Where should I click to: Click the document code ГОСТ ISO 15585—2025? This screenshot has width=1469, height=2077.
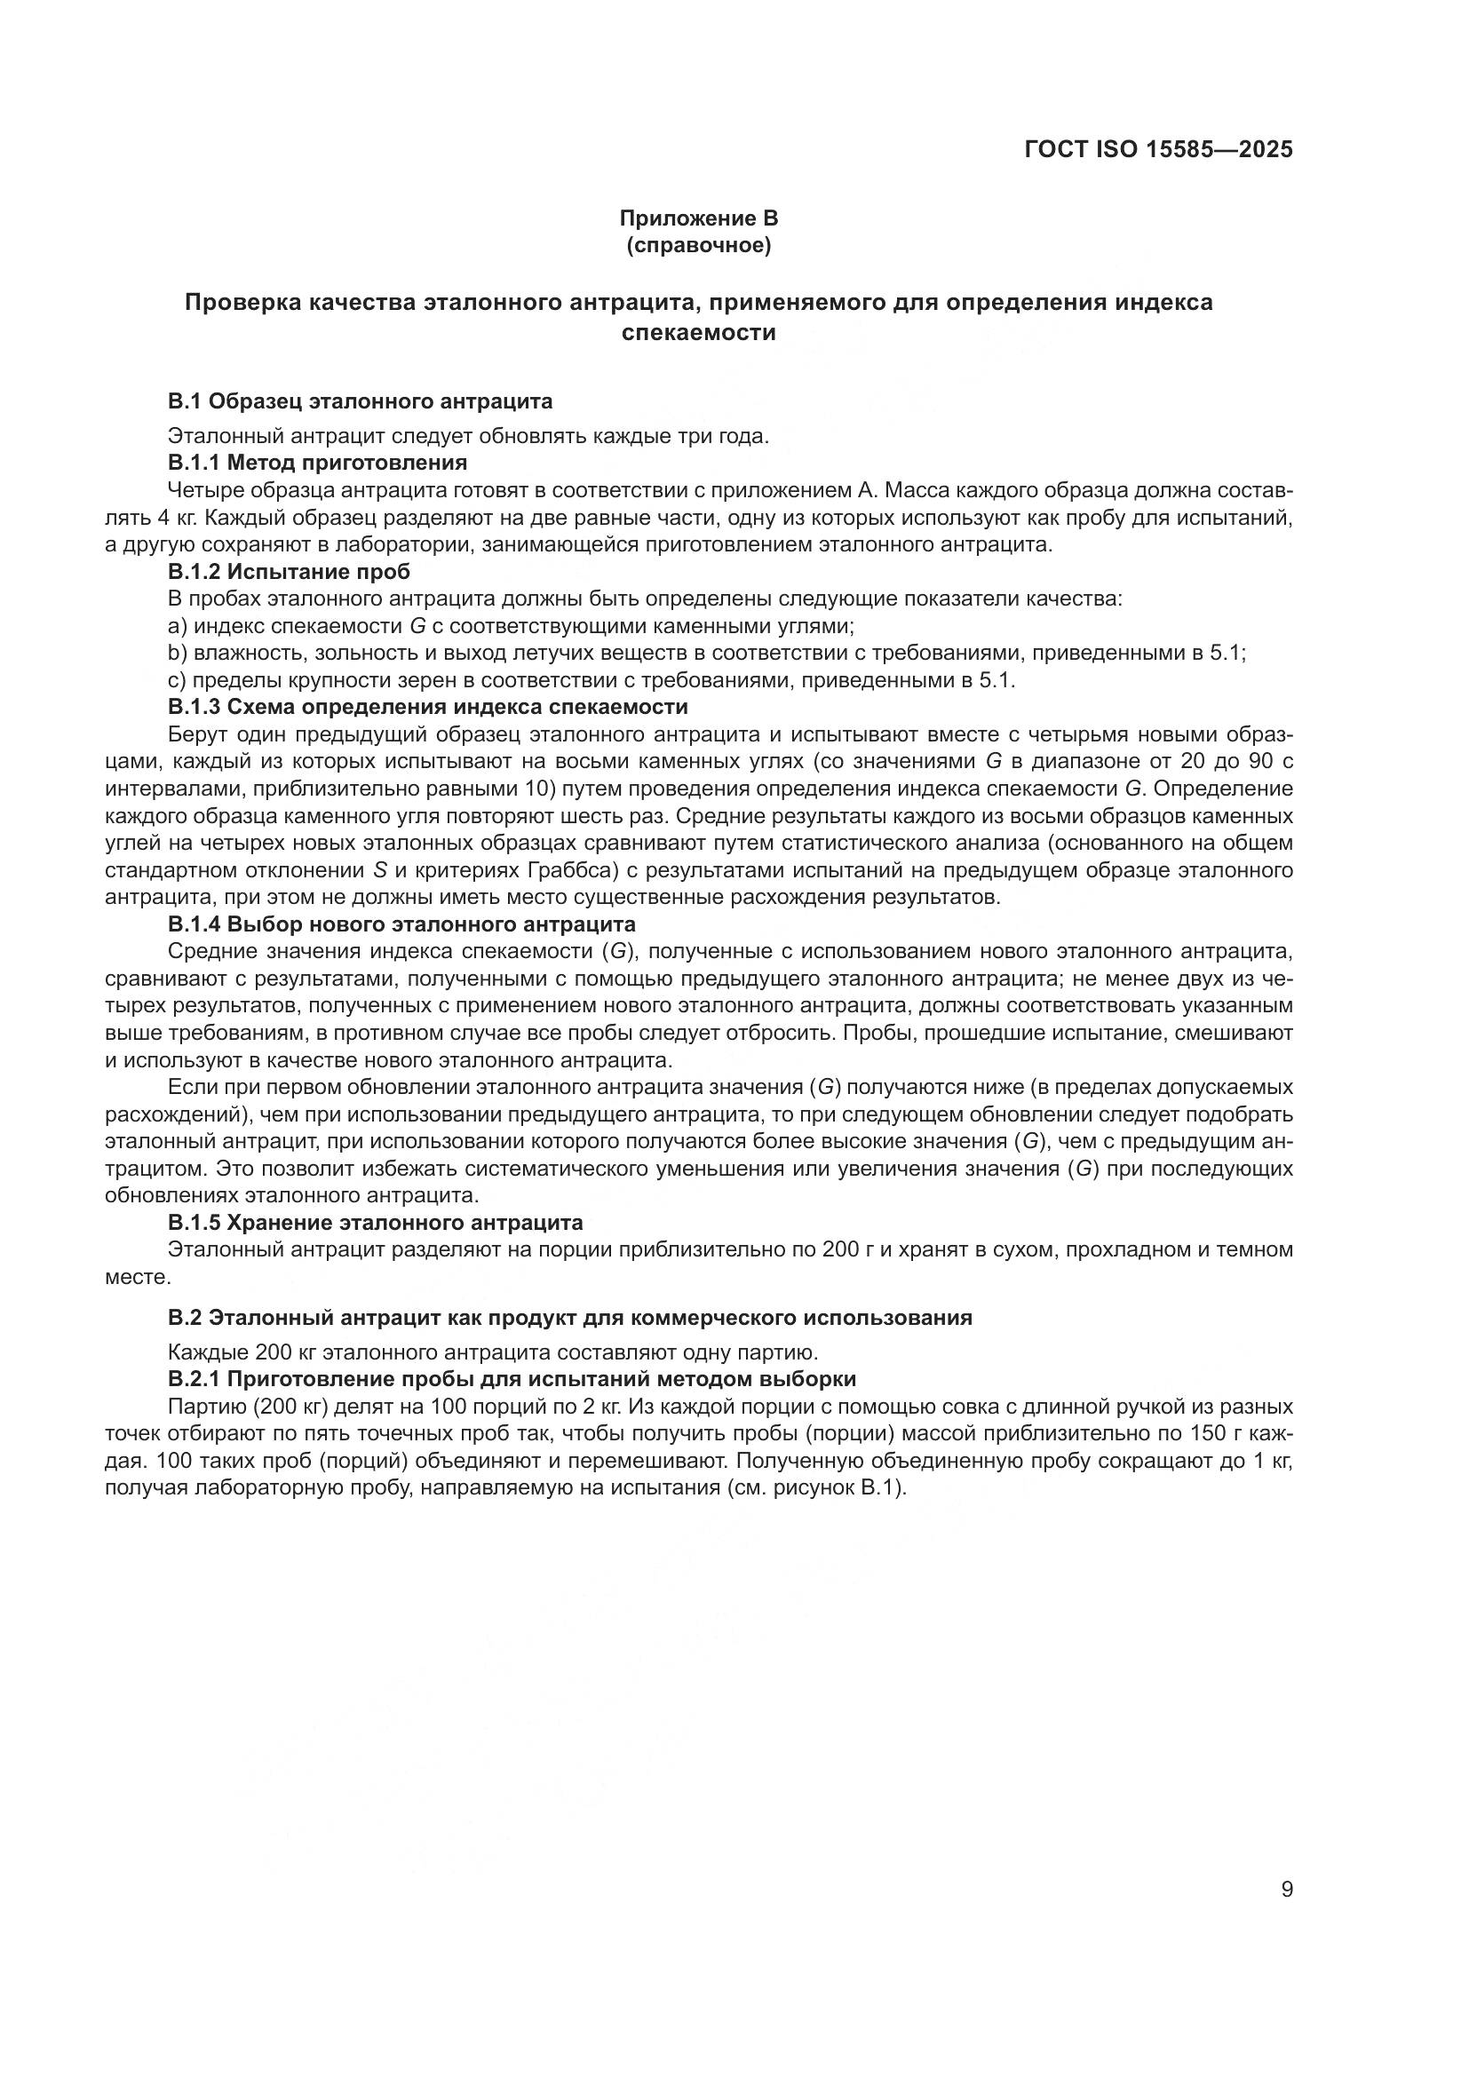click(x=1158, y=149)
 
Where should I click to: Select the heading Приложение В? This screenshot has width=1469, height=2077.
click(x=698, y=218)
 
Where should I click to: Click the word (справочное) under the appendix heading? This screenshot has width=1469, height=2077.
click(x=698, y=245)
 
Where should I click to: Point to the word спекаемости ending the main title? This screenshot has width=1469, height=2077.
click(x=698, y=333)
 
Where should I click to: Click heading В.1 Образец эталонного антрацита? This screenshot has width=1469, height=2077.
click(x=360, y=400)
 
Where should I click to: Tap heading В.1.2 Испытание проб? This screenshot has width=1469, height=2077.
click(x=289, y=572)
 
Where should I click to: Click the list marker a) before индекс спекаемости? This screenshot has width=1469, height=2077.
click(x=178, y=626)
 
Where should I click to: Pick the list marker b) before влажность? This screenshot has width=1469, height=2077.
click(x=178, y=654)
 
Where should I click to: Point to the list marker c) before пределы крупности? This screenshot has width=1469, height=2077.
click(x=178, y=680)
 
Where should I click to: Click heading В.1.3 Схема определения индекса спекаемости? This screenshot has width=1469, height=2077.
click(x=428, y=708)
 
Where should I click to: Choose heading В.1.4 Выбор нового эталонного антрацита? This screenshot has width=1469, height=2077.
click(x=401, y=924)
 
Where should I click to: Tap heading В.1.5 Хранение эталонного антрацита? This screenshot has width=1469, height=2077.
click(x=376, y=1223)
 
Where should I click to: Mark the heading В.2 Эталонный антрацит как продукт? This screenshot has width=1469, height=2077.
click(x=570, y=1318)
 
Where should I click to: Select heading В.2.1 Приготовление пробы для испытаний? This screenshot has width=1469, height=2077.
click(x=512, y=1380)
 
